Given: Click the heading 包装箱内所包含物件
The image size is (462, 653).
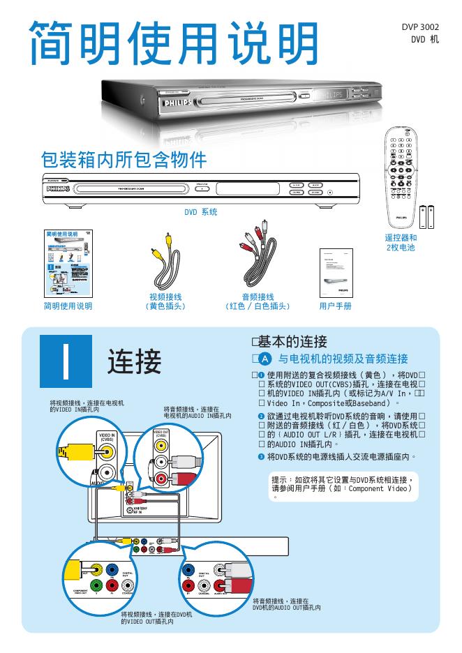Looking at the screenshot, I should coord(124,159).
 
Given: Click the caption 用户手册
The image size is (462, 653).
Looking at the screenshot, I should coord(335,306).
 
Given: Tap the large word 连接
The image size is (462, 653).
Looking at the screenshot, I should coord(134,361).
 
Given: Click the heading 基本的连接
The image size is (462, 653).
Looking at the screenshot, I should coord(292,342).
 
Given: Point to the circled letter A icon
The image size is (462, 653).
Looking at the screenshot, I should coord(265,359).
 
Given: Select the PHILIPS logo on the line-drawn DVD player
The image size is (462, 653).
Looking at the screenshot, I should coord(58,188).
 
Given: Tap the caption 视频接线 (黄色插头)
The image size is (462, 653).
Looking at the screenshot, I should coord(165,301).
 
